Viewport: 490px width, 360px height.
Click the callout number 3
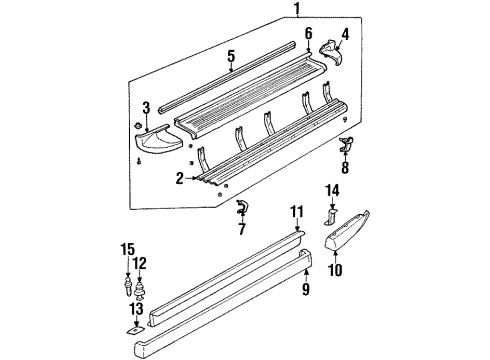pyautogui.click(x=146, y=107)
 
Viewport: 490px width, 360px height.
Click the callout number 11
pyautogui.click(x=295, y=239)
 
